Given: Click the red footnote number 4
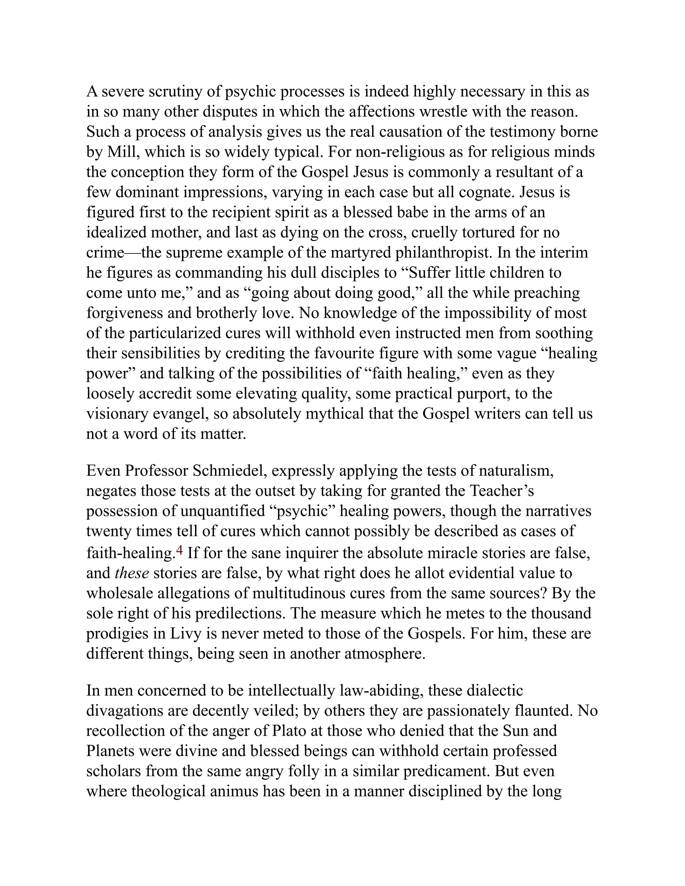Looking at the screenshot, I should [x=179, y=551].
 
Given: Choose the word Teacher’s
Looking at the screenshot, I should [x=502, y=490].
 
